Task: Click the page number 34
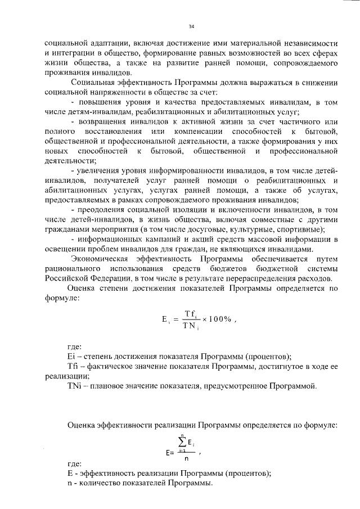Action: [191, 26]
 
